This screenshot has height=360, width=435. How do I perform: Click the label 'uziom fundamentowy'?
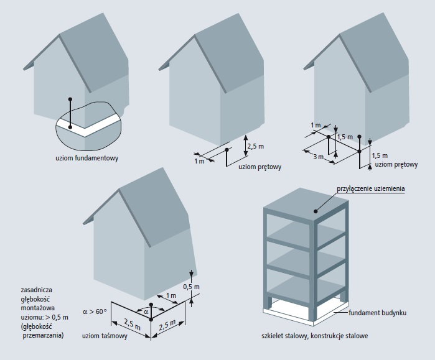87,158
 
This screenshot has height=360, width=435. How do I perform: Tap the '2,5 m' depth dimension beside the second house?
256,146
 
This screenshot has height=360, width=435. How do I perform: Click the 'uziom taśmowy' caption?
105,336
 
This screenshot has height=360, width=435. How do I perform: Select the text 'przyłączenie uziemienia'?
371,189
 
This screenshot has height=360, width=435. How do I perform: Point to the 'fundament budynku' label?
377,313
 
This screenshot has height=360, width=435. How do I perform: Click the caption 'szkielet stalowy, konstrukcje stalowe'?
315,336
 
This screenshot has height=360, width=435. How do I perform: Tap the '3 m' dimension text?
318,157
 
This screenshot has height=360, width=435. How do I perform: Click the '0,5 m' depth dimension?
192,287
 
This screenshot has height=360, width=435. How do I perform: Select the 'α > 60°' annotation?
95,312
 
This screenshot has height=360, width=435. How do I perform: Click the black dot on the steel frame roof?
316,211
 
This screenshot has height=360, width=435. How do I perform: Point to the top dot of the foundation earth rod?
70,99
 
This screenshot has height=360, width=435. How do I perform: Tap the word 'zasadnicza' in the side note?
36,290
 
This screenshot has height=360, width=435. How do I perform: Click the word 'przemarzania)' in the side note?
44,335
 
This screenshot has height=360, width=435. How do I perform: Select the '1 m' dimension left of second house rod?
199,161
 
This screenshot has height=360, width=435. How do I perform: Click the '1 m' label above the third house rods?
316,125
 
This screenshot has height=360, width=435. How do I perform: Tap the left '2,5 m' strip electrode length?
133,325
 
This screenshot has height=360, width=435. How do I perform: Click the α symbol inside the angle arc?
146,312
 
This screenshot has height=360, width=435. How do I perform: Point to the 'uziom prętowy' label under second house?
260,167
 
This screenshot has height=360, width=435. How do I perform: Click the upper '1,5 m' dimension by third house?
345,137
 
